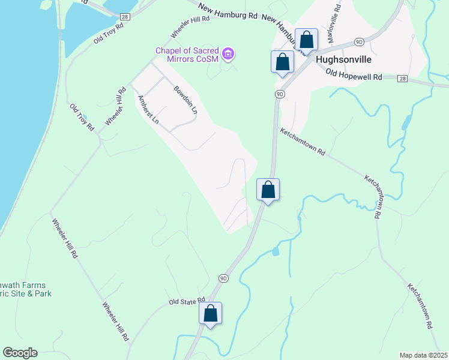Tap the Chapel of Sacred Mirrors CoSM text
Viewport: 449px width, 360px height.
coord(187,55)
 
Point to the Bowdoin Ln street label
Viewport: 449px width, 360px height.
coord(185,100)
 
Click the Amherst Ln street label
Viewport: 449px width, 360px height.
coord(148,110)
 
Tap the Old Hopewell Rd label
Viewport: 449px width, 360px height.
coord(354,74)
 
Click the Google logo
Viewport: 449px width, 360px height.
coord(19,353)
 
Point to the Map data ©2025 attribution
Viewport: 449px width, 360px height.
coord(423,355)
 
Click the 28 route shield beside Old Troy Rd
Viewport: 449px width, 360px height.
coord(125,16)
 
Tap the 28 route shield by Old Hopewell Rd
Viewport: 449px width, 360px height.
coord(402,78)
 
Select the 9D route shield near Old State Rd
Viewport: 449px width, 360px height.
coord(223,278)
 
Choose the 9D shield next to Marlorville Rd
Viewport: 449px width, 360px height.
coord(358,41)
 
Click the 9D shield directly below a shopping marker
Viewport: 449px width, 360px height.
coord(280,94)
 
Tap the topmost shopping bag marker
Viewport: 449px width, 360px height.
coord(306,40)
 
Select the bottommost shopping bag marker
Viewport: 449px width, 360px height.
coord(210,313)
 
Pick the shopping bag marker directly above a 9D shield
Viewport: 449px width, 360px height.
coord(282,62)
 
